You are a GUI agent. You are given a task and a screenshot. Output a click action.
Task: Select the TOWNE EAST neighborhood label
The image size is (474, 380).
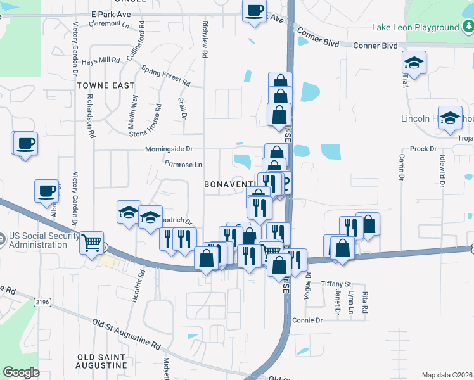click(106, 85)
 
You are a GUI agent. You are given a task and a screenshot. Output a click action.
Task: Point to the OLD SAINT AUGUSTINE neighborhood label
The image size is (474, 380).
click(101, 361)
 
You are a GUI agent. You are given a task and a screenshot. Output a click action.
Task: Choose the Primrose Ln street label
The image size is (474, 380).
click(183, 164)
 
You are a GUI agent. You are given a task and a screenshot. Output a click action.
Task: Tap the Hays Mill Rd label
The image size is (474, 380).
click(101, 60)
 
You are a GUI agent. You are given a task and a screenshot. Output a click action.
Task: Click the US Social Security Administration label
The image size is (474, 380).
click(40, 241)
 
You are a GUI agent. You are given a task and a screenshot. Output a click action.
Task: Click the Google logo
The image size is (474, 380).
click(21, 372)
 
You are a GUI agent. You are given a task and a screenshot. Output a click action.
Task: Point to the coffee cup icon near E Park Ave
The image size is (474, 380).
click(254, 11)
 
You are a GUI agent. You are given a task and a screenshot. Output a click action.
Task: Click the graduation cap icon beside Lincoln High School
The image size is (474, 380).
click(451, 118)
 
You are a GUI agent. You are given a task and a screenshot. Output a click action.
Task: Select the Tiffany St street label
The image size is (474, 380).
click(336, 283)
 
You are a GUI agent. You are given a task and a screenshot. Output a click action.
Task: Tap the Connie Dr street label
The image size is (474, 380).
click(308, 320)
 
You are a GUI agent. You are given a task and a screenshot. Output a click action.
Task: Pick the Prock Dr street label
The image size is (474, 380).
click(423, 149)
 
